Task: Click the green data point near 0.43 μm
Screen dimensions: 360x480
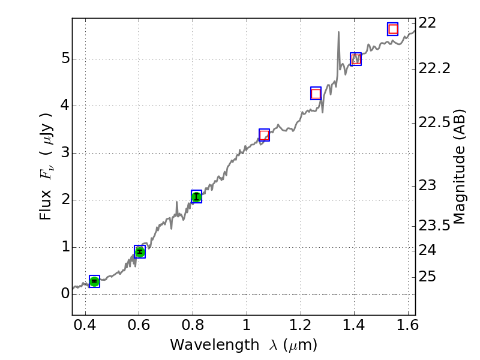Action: point(94,281)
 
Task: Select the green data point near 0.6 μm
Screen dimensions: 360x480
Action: point(140,251)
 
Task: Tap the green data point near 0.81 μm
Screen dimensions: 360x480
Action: point(196,197)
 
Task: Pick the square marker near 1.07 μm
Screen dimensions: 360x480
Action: point(264,135)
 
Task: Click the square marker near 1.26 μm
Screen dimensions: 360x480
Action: point(316,93)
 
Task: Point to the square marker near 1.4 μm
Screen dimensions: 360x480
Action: point(356,59)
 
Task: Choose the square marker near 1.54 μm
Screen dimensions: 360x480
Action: point(393,29)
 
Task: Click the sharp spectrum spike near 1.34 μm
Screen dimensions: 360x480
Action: point(338,34)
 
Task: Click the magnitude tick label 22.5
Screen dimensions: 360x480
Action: point(435,122)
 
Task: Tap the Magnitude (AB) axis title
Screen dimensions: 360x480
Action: point(460,167)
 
